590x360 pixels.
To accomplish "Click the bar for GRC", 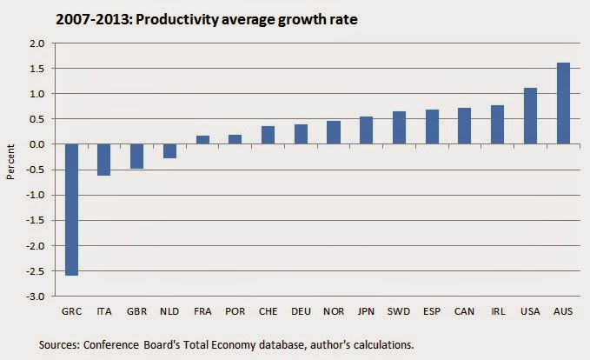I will (x=71, y=210).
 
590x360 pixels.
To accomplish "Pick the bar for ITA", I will (x=103, y=160).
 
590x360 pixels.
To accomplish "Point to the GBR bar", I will (x=136, y=157).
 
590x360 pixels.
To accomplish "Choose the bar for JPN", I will (x=366, y=130).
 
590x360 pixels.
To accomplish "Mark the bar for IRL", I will (x=497, y=124).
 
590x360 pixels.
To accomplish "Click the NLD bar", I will (x=169, y=151).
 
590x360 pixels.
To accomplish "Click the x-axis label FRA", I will (x=202, y=310).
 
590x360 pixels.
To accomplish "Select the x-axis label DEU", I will (x=301, y=310).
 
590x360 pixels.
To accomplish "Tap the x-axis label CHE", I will (x=268, y=310).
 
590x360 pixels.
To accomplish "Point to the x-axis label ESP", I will (x=432, y=310).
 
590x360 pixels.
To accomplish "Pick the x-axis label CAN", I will (x=465, y=310).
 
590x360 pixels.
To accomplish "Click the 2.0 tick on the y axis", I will (x=36, y=43).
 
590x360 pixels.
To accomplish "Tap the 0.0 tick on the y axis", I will (x=36, y=144).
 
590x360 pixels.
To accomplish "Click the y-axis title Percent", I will (x=10, y=170).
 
